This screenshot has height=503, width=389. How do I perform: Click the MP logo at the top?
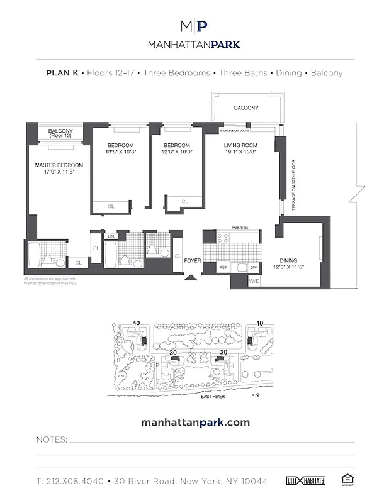(x=194, y=26)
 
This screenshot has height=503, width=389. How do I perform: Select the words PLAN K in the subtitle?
(x=62, y=73)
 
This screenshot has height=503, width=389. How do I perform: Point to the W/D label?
(x=237, y=281)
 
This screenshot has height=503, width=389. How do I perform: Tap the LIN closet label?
(x=111, y=236)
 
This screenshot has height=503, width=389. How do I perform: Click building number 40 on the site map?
(x=136, y=324)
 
